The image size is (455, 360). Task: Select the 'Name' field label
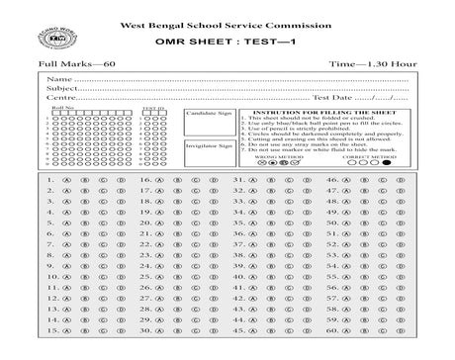(59, 78)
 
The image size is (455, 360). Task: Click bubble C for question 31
(290, 181)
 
